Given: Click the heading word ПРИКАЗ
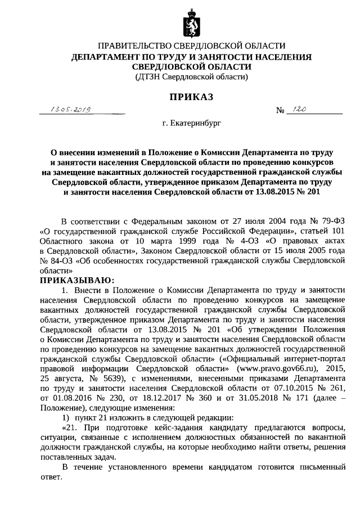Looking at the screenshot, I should coord(191,97).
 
